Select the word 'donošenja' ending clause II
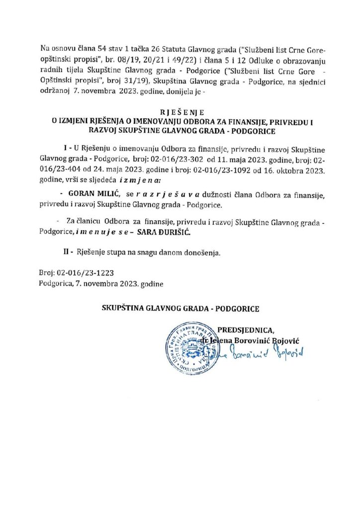pos(202,252)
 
